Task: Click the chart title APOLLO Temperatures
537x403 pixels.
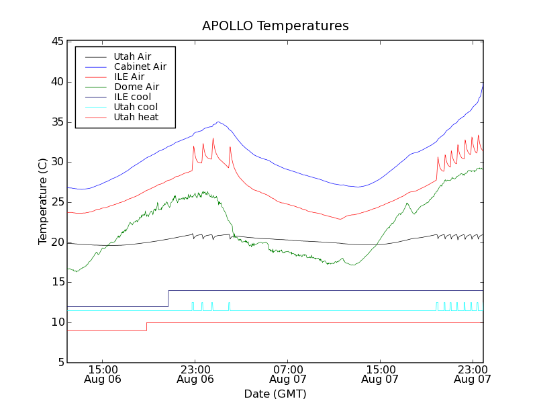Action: [x=275, y=26]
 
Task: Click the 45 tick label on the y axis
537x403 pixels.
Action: [x=56, y=42]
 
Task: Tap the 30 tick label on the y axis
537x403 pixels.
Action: [x=56, y=162]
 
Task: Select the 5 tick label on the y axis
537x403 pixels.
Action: [x=59, y=363]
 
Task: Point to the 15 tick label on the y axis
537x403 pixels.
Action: [x=56, y=282]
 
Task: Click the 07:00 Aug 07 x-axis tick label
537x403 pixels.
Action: [x=287, y=374]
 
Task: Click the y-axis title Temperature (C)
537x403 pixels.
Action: [x=42, y=201]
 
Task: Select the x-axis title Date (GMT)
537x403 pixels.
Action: [x=275, y=394]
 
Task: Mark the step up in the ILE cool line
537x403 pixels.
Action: [x=168, y=299]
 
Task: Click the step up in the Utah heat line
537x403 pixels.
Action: [x=146, y=326]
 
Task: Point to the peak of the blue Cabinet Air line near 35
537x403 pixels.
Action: [x=218, y=122]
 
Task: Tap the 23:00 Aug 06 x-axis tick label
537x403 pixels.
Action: [x=195, y=374]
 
